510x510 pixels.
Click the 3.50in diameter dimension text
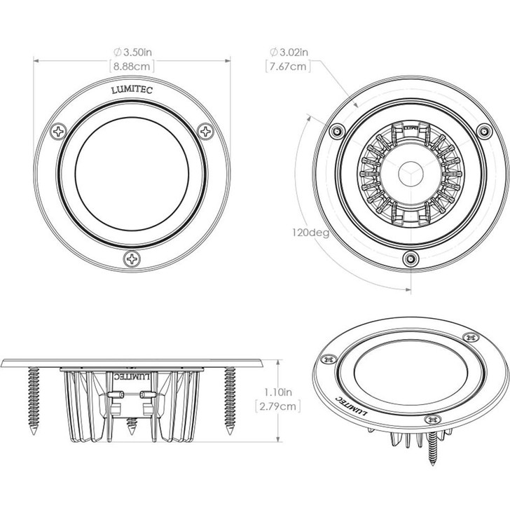133,52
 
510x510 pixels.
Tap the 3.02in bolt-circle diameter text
289,52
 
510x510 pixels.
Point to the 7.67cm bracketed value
287,67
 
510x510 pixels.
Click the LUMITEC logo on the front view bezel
132,90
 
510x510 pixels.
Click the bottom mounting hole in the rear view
410,259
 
